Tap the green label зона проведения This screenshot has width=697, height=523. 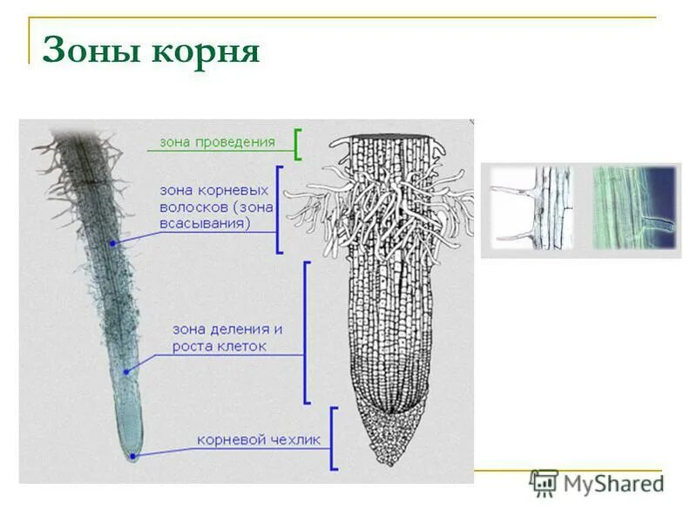pyautogui.click(x=217, y=142)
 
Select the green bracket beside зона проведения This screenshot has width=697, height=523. pyautogui.click(x=298, y=145)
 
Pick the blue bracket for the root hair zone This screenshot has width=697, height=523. pyautogui.click(x=278, y=209)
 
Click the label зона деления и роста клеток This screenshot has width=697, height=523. pyautogui.click(x=227, y=338)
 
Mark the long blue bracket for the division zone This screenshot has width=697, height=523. pyautogui.click(x=306, y=332)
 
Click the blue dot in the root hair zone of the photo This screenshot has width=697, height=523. pyautogui.click(x=113, y=243)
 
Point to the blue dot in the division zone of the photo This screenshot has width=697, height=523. pyautogui.click(x=126, y=371)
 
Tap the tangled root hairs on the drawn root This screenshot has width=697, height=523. pyautogui.click(x=383, y=209)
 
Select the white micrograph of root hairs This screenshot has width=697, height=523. pyautogui.click(x=531, y=209)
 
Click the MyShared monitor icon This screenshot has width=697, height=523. pyautogui.click(x=543, y=482)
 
